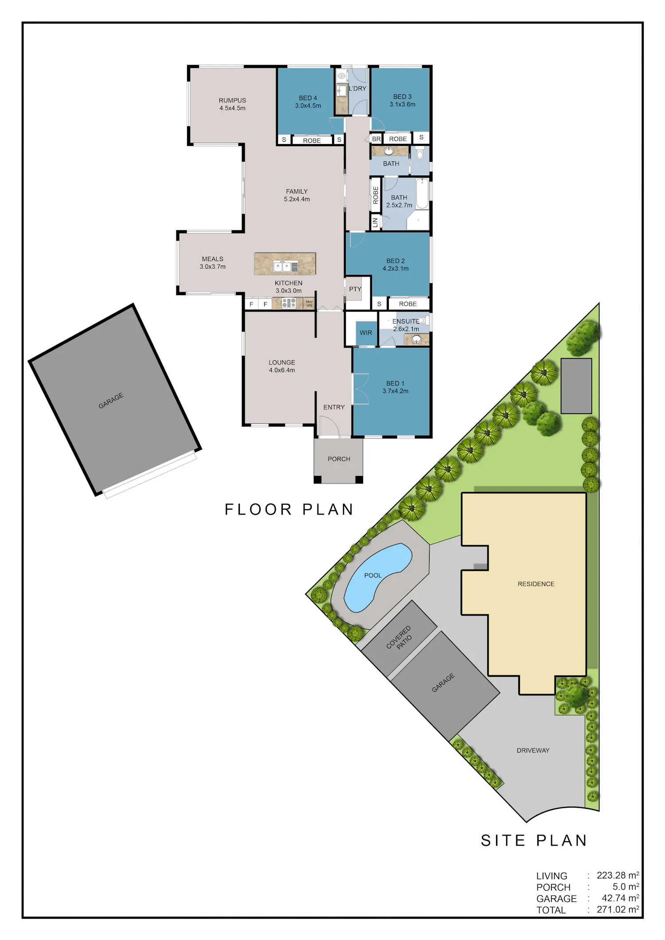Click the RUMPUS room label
coord(232,101)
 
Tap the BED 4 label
coord(308,98)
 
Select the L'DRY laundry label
coord(357,89)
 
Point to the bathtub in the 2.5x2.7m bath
coord(422,193)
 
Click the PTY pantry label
coord(355,289)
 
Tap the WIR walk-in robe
coord(366,333)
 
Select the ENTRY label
coord(334,407)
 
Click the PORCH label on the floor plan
coord(339,459)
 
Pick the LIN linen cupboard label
coord(375,222)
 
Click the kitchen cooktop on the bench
coord(289,303)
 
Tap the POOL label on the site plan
coord(373,575)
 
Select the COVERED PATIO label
coord(399,639)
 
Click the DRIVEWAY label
coord(533,750)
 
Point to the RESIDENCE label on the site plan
coord(536,584)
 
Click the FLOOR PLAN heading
coord(289,510)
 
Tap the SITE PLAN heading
coord(534,841)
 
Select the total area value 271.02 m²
coord(618,909)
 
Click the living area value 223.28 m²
coord(618,875)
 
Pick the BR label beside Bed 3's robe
coord(376,139)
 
